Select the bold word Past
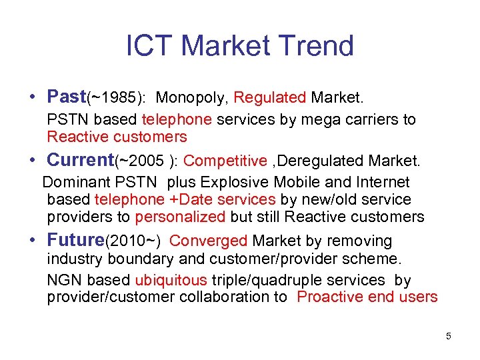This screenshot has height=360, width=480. click(67, 97)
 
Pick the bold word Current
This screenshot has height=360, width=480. click(81, 160)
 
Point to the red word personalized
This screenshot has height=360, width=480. click(181, 217)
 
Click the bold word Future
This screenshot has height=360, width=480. click(77, 240)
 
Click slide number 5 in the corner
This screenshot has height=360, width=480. click(449, 336)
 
